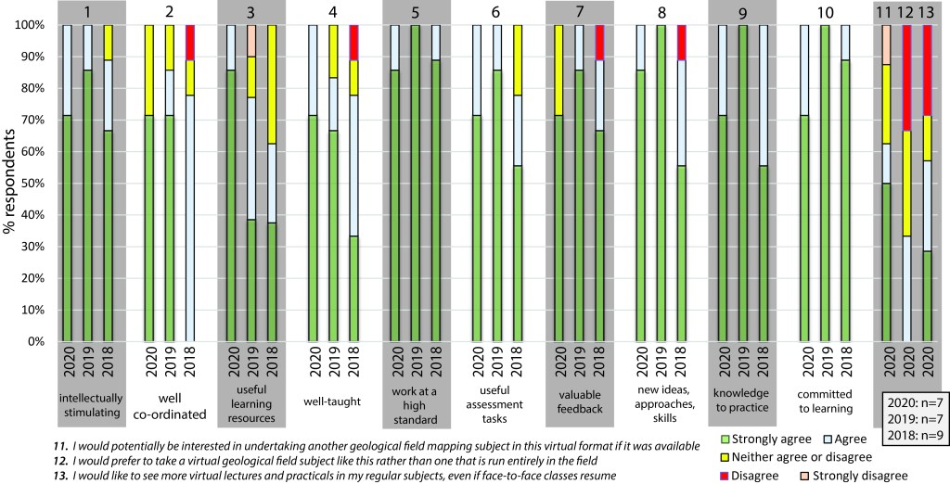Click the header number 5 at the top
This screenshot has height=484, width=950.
click(417, 12)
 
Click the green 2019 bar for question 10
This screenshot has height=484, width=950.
click(828, 184)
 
